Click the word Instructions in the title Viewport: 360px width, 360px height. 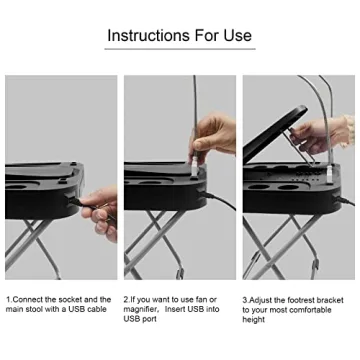click(146, 36)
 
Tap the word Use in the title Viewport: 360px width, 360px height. click(235, 36)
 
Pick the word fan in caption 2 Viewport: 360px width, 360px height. click(208, 299)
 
